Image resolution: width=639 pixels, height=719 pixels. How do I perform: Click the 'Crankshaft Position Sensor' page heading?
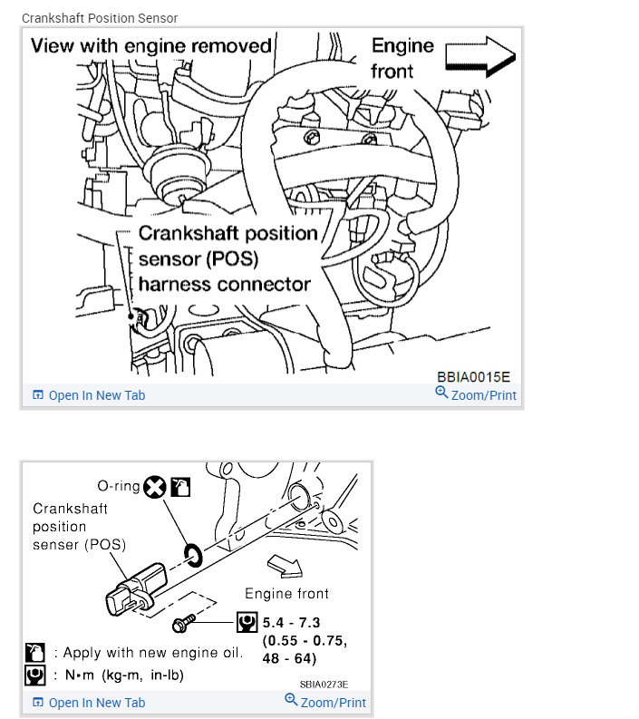(100, 18)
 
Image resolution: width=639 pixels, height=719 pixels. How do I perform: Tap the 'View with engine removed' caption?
(150, 45)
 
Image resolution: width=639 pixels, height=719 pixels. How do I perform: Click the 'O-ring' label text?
(118, 486)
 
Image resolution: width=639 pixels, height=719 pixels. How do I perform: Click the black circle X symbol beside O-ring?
(155, 487)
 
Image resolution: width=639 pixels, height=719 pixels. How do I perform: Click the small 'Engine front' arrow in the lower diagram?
(290, 567)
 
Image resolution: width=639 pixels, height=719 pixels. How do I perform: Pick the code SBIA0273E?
(324, 685)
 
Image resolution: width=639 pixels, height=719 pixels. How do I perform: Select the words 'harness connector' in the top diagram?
(224, 284)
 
